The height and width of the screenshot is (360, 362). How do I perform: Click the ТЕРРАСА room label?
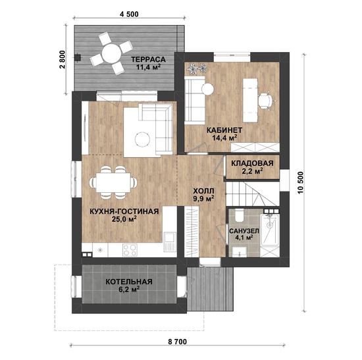click(x=148, y=59)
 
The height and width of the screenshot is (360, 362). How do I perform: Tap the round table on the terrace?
click(x=111, y=53)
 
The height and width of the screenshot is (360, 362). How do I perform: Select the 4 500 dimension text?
click(x=129, y=14)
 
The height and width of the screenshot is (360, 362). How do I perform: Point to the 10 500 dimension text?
click(x=300, y=183)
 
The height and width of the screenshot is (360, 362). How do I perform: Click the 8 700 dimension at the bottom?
click(x=177, y=342)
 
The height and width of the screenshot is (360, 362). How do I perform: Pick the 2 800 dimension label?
click(x=63, y=60)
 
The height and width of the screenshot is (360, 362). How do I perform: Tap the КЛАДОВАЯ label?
click(x=252, y=163)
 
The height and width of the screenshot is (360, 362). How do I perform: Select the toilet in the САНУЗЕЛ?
click(x=238, y=215)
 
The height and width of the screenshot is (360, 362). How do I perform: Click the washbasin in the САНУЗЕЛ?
click(x=240, y=251)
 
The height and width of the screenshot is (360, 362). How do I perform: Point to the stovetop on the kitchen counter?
click(x=130, y=250)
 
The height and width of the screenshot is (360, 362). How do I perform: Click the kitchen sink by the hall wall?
click(x=169, y=242)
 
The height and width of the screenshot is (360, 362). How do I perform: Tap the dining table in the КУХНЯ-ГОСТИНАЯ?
click(x=113, y=182)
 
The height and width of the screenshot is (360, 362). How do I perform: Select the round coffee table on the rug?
click(x=142, y=140)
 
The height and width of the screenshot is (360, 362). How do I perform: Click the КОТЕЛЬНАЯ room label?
click(x=129, y=282)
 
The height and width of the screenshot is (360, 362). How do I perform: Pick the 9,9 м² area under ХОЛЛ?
click(x=204, y=198)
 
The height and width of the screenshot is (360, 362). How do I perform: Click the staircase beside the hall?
click(x=253, y=193)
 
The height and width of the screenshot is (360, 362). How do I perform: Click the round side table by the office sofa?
click(x=207, y=89)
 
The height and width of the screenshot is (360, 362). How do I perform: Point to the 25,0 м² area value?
click(x=124, y=219)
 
